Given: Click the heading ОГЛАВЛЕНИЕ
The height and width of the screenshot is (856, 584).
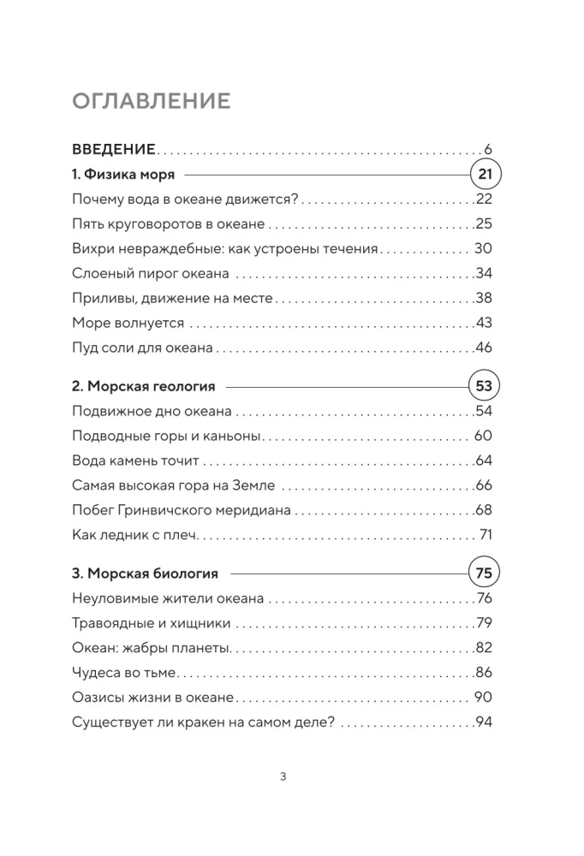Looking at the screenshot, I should (152, 101).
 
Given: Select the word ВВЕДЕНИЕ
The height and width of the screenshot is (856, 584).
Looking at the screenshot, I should (114, 150).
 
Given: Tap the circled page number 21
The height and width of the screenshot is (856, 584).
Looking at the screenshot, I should (486, 175).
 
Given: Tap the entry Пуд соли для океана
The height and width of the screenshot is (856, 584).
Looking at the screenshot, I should (143, 348).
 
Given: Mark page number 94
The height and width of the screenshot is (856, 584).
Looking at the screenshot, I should (485, 723).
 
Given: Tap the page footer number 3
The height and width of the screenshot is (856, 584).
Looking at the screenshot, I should (283, 777).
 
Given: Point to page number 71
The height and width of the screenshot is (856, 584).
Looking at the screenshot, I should (485, 536).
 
